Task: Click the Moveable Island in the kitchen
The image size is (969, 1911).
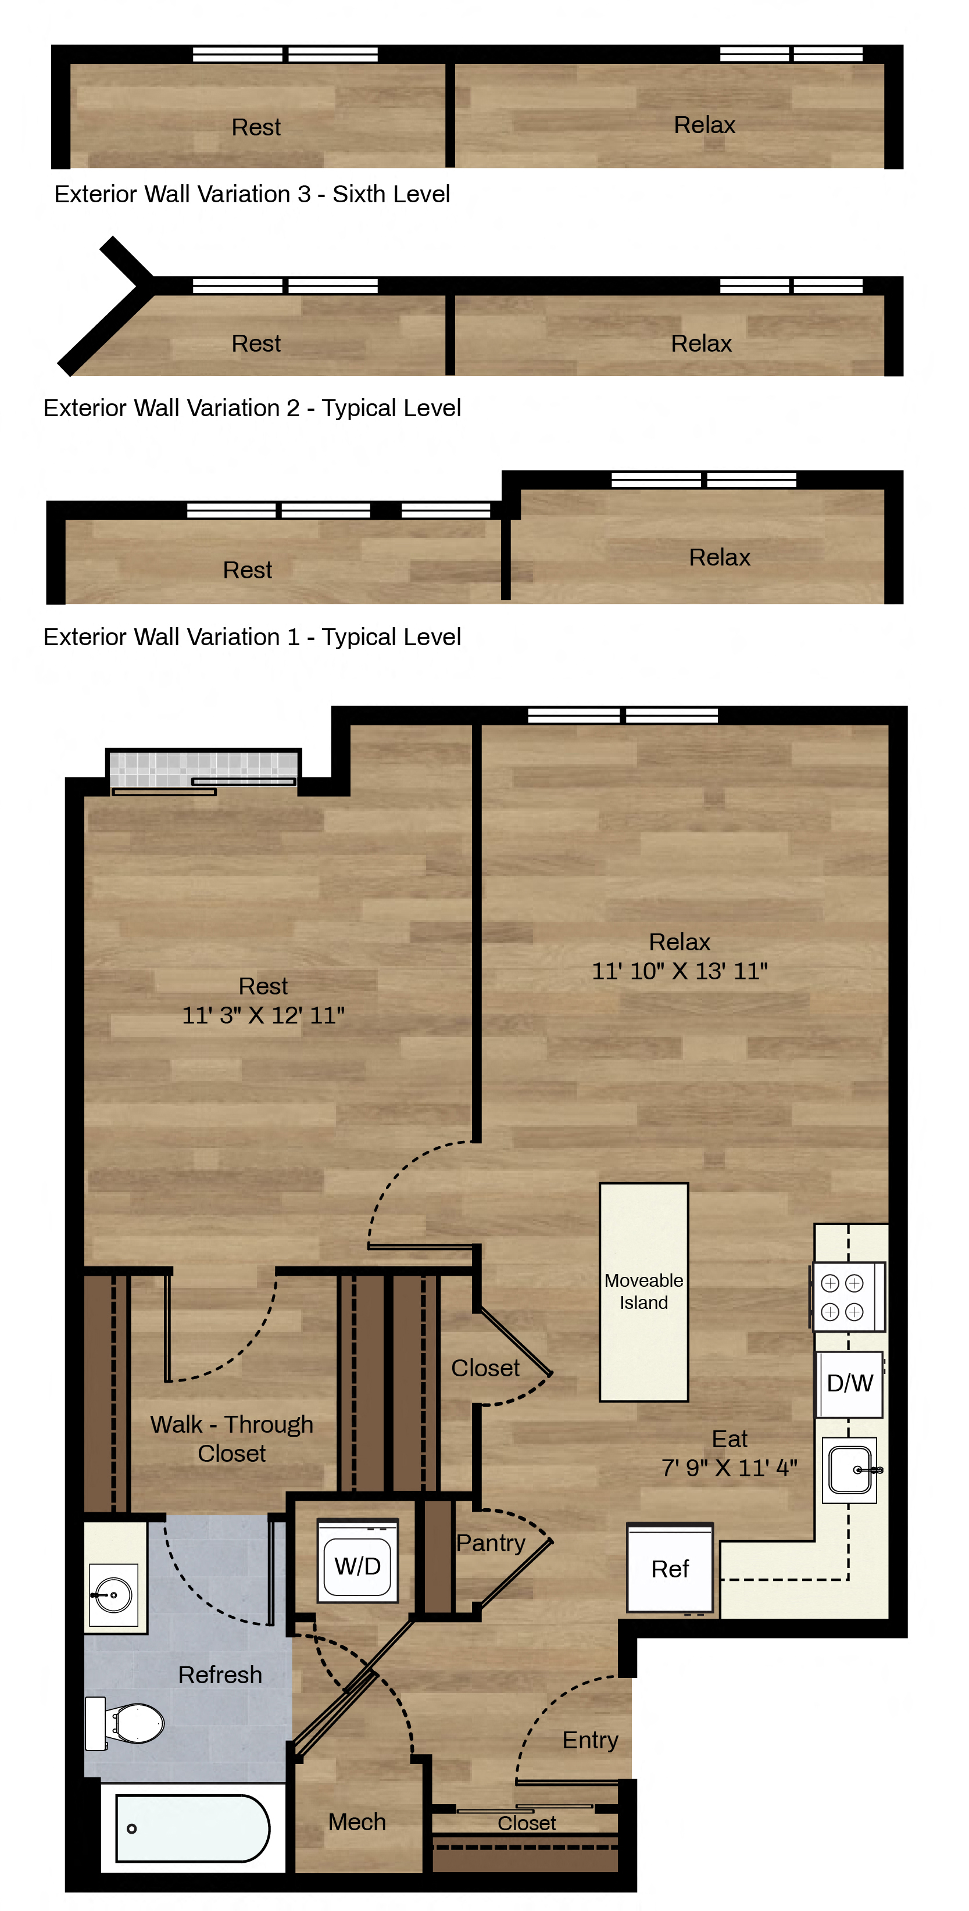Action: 643,1291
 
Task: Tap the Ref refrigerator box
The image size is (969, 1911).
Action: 670,1568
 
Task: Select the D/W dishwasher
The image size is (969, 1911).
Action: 849,1383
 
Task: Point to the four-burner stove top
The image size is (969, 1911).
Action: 848,1297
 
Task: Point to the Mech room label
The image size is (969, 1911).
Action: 357,1821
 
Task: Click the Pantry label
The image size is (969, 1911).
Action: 491,1543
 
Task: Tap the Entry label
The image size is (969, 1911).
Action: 590,1740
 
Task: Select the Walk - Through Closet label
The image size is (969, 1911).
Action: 231,1438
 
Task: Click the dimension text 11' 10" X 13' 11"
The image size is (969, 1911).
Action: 680,971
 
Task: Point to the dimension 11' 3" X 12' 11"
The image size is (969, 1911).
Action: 263,1015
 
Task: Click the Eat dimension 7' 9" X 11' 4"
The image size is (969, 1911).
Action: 730,1468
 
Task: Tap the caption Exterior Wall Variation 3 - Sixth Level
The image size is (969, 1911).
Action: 252,194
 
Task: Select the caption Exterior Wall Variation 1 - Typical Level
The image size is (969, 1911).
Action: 252,636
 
